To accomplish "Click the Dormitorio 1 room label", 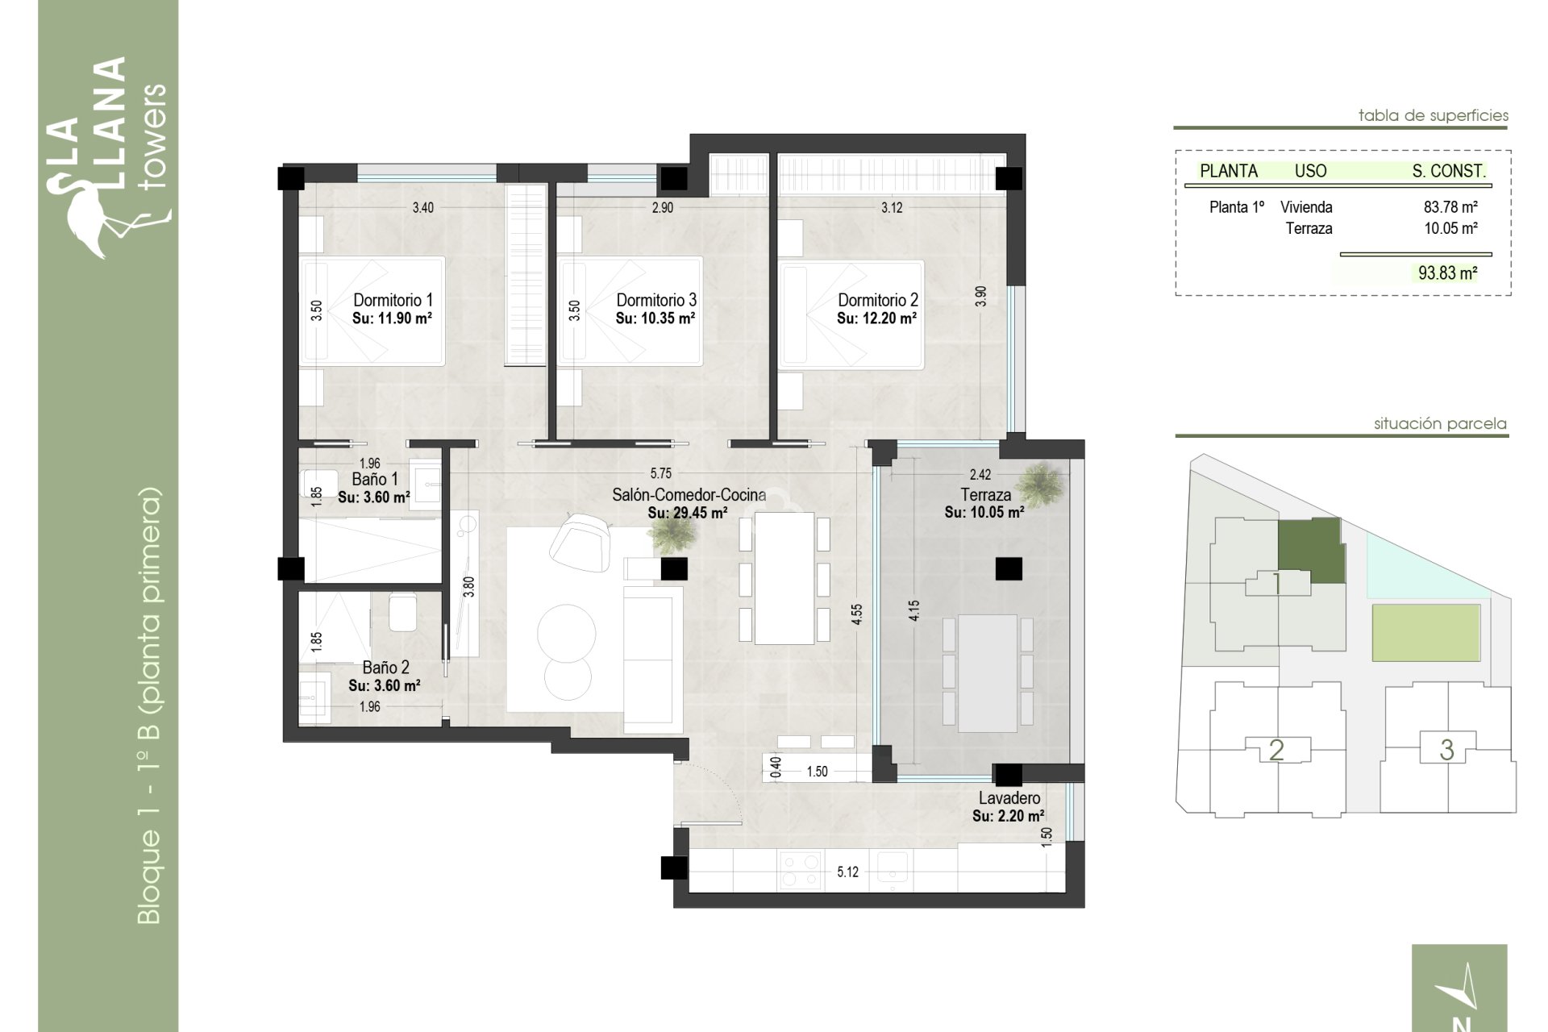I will pyautogui.click(x=393, y=300).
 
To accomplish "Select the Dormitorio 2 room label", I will pyautogui.click(x=877, y=300).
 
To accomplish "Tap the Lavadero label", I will pyautogui.click(x=1009, y=798).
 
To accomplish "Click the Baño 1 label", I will pyautogui.click(x=374, y=480).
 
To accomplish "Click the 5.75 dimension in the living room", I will pyautogui.click(x=660, y=474).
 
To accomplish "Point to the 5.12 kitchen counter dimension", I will pyautogui.click(x=847, y=872).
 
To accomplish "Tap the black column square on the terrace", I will pyautogui.click(x=1008, y=569).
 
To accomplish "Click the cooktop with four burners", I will pyautogui.click(x=801, y=871).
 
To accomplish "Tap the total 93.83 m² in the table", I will pyautogui.click(x=1447, y=273).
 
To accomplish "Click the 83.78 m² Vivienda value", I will pyautogui.click(x=1450, y=207).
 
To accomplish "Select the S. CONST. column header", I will pyautogui.click(x=1448, y=171).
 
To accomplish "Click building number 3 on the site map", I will pyautogui.click(x=1446, y=750).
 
